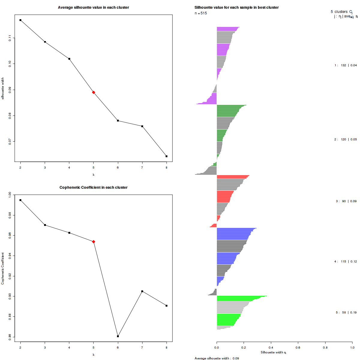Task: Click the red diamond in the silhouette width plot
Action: [x=94, y=92]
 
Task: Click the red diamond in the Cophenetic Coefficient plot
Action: [x=94, y=241]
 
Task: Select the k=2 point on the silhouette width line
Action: [x=20, y=20]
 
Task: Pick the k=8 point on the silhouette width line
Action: [x=166, y=156]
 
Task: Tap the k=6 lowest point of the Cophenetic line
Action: [x=118, y=336]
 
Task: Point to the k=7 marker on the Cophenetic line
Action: [x=142, y=291]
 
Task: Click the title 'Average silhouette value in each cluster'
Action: [x=93, y=7]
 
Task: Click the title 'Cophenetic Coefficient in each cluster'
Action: [x=93, y=187]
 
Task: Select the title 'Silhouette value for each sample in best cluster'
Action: [x=236, y=7]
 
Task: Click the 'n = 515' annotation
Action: [x=201, y=13]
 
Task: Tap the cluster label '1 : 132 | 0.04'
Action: [x=346, y=65]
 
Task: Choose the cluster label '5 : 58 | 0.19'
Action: [x=346, y=313]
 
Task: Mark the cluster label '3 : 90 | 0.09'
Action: [x=346, y=201]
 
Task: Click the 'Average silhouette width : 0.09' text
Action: [x=217, y=358]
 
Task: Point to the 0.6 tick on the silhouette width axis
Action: [x=298, y=347]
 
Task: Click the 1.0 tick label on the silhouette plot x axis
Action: [x=352, y=347]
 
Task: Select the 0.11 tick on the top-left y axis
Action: [x=10, y=38]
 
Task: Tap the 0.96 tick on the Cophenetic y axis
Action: [x=10, y=235]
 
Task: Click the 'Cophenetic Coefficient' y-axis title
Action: [x=3, y=268]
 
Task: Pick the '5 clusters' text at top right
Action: [x=339, y=12]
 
